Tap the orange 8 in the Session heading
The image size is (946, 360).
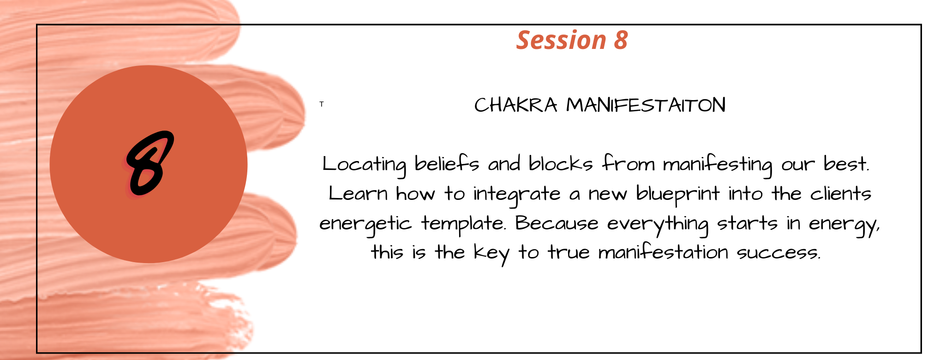tap(621, 40)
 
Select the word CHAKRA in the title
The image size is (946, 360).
tap(516, 105)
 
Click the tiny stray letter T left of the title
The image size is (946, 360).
tap(322, 104)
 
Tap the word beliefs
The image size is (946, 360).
tap(447, 163)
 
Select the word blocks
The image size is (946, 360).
tap(561, 163)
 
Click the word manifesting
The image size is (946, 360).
tap(718, 165)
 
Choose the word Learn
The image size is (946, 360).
tap(358, 193)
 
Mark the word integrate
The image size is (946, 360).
tap(517, 195)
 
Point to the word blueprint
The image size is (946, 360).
tap(678, 195)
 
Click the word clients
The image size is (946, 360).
tap(841, 193)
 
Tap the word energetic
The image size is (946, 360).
tap(365, 225)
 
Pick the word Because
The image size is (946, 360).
tap(557, 223)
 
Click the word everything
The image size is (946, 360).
tap(658, 225)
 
